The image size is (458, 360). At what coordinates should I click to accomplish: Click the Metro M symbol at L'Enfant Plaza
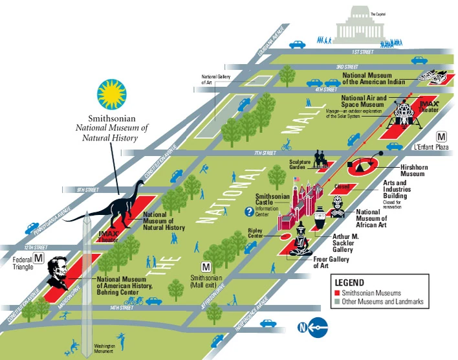(441, 137)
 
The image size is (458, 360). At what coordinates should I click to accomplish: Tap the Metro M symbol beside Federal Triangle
(39, 259)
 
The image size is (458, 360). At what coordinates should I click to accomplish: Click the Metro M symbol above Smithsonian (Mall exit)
(206, 267)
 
